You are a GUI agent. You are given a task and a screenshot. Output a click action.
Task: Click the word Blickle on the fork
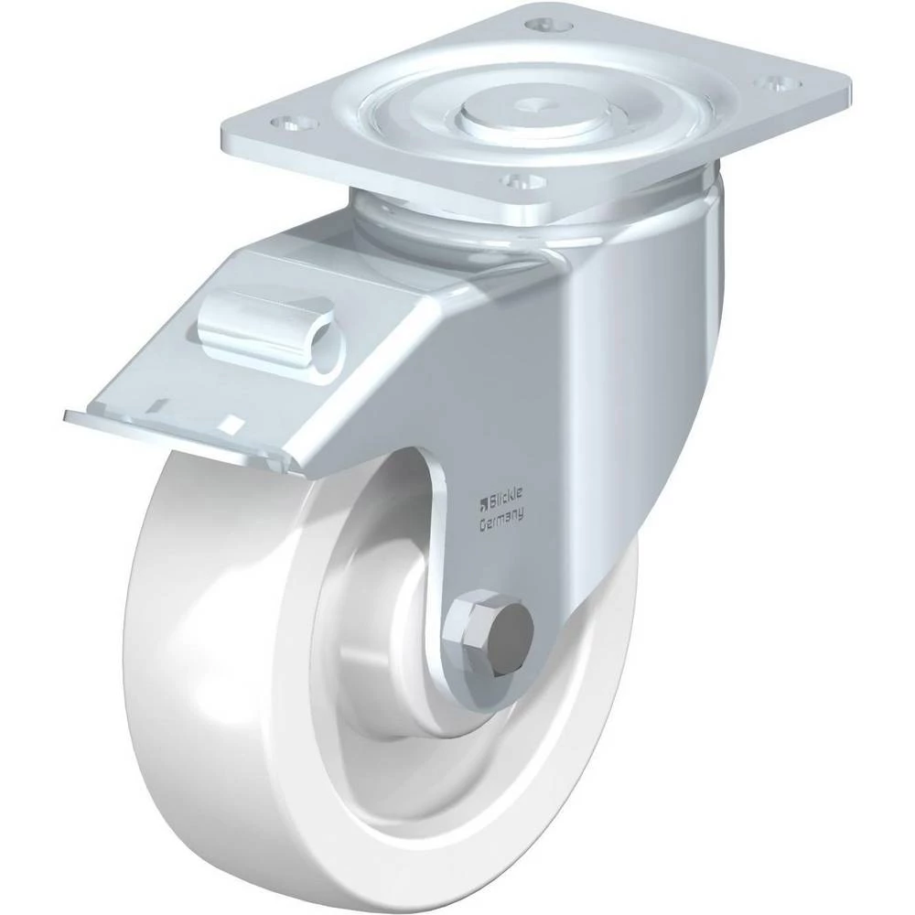click(x=505, y=497)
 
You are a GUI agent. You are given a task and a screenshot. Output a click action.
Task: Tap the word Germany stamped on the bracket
click(x=501, y=520)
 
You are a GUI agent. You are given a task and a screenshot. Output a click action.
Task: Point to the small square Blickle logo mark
click(x=482, y=501)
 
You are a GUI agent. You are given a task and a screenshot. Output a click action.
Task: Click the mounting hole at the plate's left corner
click(x=295, y=124)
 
